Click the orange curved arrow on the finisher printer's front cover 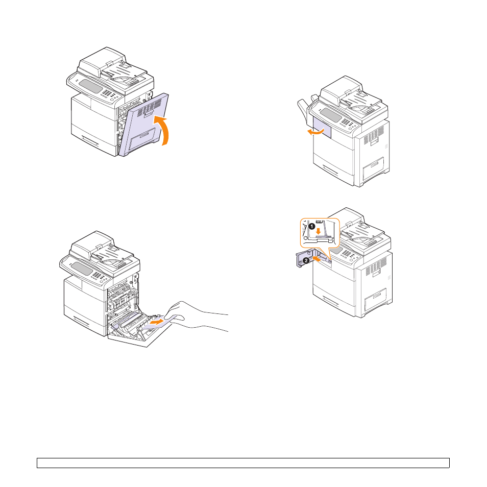(x=315, y=132)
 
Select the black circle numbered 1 (x=312, y=227)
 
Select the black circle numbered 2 (x=306, y=260)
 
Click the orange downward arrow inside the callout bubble (x=319, y=232)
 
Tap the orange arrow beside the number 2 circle (x=316, y=259)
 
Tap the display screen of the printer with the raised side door (x=90, y=86)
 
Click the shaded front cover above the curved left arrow (x=322, y=128)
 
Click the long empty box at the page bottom (x=243, y=463)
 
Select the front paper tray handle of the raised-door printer (x=90, y=140)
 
